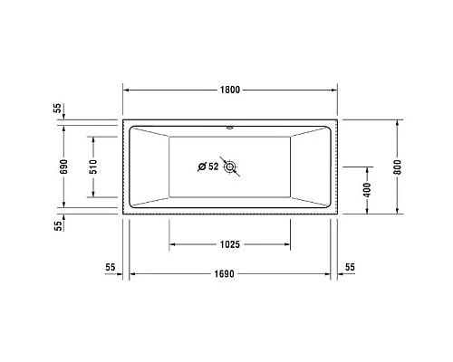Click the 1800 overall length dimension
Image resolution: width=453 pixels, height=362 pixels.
[229, 90]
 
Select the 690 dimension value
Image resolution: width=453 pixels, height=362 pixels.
[63, 167]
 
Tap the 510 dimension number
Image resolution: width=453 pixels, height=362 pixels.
[92, 167]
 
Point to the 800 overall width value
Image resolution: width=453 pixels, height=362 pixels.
[398, 167]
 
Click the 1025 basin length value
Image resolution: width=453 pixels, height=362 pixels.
[229, 245]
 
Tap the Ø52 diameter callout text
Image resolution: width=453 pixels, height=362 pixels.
[208, 167]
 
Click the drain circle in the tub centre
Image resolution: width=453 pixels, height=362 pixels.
[231, 167]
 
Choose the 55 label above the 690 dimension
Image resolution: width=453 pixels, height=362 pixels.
[58, 108]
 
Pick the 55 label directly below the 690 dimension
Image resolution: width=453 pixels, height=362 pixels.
[58, 225]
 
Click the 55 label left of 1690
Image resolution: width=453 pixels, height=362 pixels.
[111, 267]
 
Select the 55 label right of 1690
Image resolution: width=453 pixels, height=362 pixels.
[350, 267]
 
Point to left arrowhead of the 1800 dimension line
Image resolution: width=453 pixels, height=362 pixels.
[128, 90]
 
